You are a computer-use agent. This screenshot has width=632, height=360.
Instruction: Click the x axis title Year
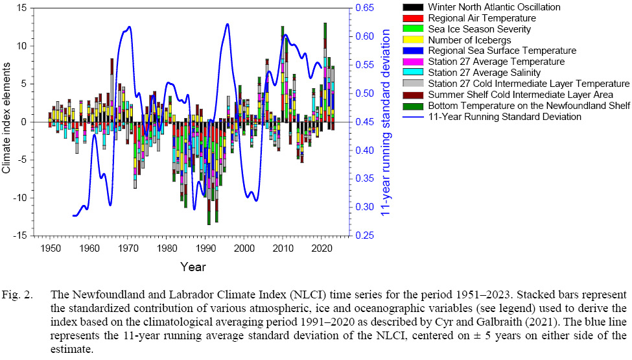click(x=193, y=267)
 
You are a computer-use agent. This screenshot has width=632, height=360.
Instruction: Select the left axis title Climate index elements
click(x=8, y=121)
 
